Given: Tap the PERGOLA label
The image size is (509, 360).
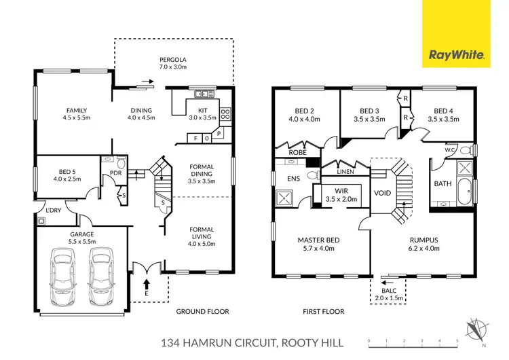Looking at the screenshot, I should [x=174, y=59].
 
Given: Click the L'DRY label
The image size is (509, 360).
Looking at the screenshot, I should [x=54, y=211].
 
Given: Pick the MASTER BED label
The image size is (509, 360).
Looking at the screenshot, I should [x=318, y=240].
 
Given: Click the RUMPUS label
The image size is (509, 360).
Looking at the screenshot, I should [x=424, y=240].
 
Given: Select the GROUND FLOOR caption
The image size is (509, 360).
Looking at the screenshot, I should [x=202, y=311].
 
